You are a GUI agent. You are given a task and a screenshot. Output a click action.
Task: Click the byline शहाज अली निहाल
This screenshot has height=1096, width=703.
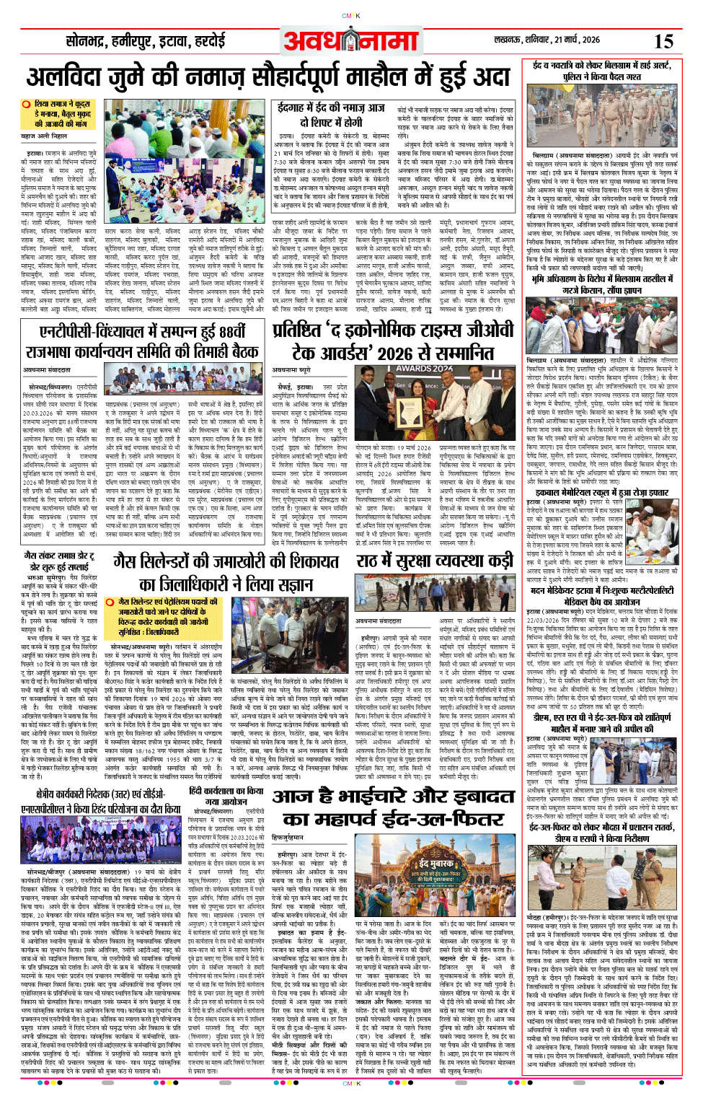pos(44,136)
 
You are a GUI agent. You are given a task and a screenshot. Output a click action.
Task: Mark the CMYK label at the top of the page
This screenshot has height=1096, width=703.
pos(351,15)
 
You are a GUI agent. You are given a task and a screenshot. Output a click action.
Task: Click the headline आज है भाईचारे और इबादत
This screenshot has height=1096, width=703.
pos(393,797)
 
